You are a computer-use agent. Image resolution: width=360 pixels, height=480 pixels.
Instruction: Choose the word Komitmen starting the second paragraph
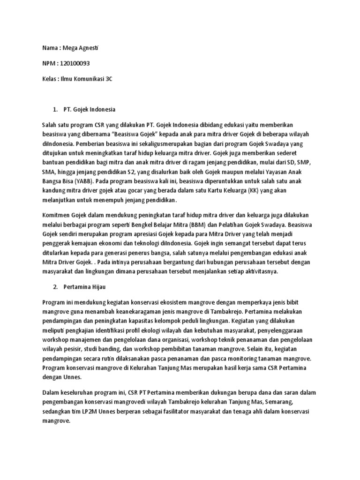56,215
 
